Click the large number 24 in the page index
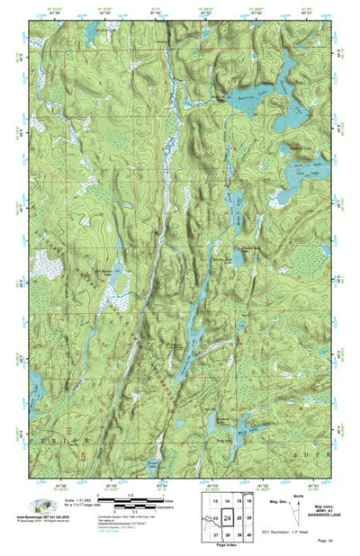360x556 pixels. [x=228, y=519]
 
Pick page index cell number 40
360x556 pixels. [x=250, y=535]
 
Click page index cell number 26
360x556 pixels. [x=250, y=519]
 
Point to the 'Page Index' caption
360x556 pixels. [x=232, y=547]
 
